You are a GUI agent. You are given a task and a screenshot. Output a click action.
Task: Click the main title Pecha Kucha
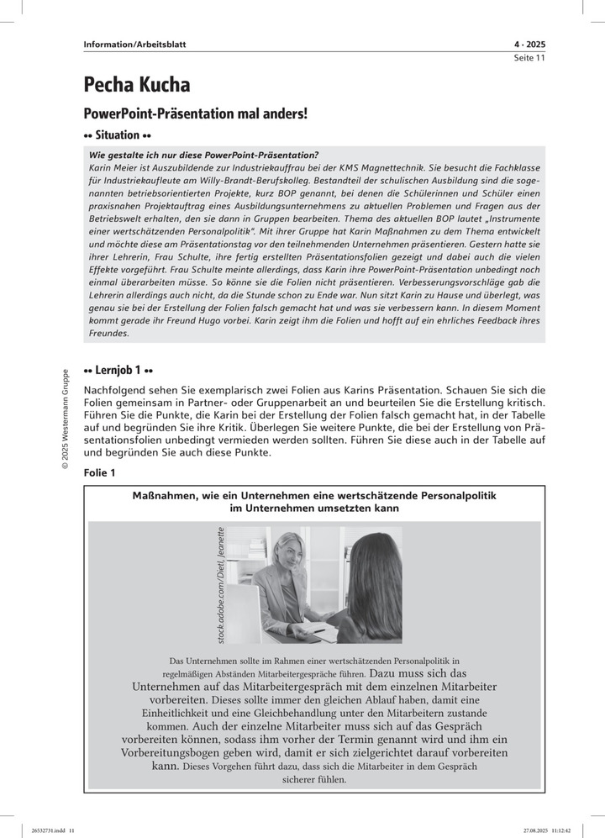pyautogui.click(x=136, y=85)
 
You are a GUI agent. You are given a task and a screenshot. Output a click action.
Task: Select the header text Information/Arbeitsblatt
pyautogui.click(x=134, y=45)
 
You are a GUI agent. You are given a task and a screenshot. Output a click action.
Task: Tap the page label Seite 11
pyautogui.click(x=529, y=58)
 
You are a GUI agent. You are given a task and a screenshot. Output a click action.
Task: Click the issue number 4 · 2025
pyautogui.click(x=529, y=45)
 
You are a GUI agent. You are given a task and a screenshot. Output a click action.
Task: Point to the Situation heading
pyautogui.click(x=118, y=134)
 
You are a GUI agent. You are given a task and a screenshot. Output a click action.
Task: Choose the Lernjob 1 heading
pyautogui.click(x=118, y=370)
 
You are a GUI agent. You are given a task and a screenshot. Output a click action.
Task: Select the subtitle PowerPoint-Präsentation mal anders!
pyautogui.click(x=196, y=112)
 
